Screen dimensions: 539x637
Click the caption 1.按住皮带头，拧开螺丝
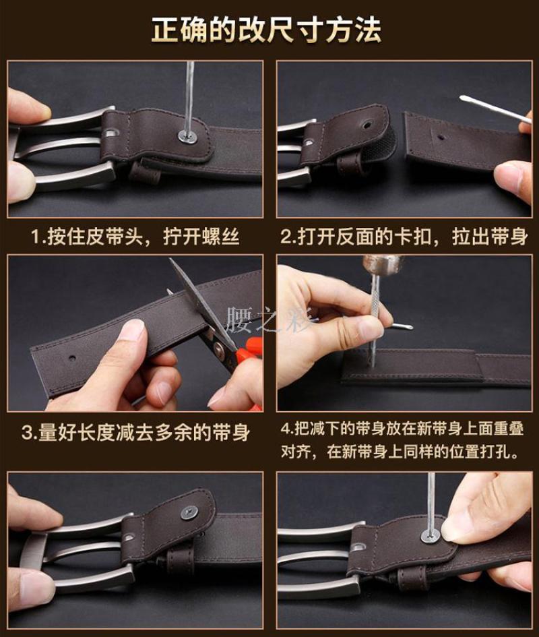tap(135, 237)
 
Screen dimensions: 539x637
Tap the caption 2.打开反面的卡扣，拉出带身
tap(404, 237)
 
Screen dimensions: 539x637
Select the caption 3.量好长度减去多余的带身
tap(135, 432)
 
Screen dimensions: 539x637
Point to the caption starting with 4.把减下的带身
tap(402, 440)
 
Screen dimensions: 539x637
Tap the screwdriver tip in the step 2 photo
tap(464, 98)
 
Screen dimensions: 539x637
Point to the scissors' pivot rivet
tap(220, 348)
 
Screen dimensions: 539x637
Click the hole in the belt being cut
tap(72, 359)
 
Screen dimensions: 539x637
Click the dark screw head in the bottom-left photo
tap(189, 513)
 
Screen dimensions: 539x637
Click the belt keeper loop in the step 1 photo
tap(145, 171)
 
